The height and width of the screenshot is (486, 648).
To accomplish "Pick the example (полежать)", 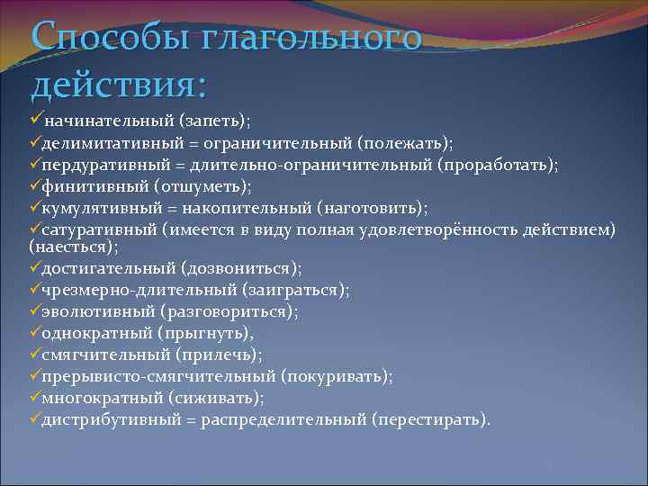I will [x=406, y=143].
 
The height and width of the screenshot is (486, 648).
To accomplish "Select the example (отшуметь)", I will [x=202, y=187].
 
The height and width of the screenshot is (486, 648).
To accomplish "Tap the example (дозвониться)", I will [x=241, y=268].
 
